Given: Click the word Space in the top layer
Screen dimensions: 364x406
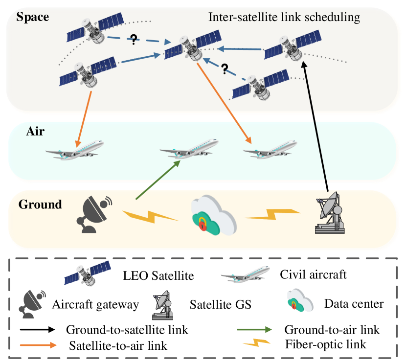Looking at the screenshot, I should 33,17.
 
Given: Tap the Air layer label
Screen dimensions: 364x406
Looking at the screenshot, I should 36,131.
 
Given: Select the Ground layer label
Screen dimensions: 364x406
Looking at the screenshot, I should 40,204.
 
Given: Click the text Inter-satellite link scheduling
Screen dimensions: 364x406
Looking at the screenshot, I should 284,18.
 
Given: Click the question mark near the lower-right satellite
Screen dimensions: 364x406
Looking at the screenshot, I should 225,69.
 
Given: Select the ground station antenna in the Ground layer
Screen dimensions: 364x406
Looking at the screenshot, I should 330,212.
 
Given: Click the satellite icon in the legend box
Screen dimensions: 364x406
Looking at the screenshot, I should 87,273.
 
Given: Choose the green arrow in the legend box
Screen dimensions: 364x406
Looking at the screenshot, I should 254,329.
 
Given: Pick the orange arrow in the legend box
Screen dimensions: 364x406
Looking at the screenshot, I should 38,345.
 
